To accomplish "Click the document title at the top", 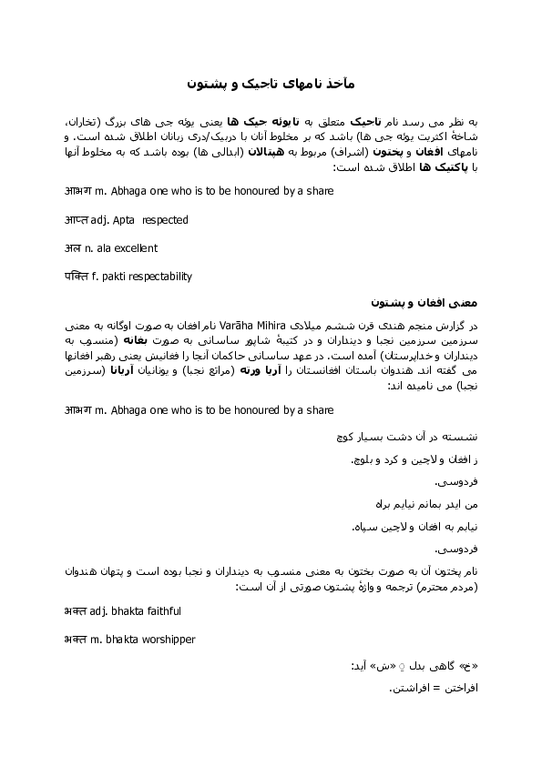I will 271,83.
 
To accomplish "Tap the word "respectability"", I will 160,277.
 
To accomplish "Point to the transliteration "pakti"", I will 115,277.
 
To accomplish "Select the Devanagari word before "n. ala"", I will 73,248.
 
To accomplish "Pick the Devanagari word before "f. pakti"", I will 77,277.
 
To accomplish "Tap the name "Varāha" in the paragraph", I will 240,326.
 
